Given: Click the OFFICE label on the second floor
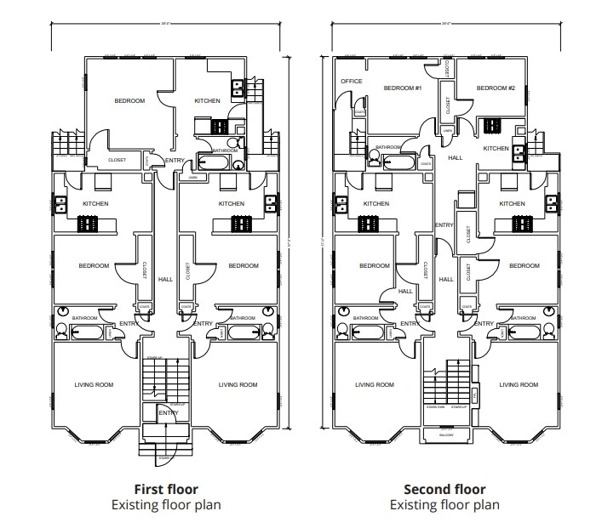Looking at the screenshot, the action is (x=352, y=82).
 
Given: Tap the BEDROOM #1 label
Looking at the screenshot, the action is (x=403, y=88).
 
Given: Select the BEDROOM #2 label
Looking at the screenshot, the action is (x=496, y=88).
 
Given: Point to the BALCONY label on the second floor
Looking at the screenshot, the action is (x=447, y=435).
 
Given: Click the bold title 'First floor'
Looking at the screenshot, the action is (x=166, y=489).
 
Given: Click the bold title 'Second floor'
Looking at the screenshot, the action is (x=444, y=489).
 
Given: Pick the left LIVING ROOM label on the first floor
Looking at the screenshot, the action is (x=93, y=385).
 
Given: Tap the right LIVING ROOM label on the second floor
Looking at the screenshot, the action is (x=519, y=385).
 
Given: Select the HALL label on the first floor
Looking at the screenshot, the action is (x=165, y=278).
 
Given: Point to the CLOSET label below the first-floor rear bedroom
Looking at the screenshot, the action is (x=117, y=160).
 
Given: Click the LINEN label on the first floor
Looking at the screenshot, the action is (x=193, y=178).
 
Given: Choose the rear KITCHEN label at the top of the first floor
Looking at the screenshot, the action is (x=207, y=101).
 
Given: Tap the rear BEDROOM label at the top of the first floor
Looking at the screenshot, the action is (x=129, y=101).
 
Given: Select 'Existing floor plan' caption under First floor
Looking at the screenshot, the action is (x=166, y=505).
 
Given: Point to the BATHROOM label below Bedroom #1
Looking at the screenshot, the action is (x=388, y=147).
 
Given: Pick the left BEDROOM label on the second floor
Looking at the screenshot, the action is (x=374, y=266).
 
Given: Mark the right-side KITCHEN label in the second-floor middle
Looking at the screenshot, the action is (x=512, y=204).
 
